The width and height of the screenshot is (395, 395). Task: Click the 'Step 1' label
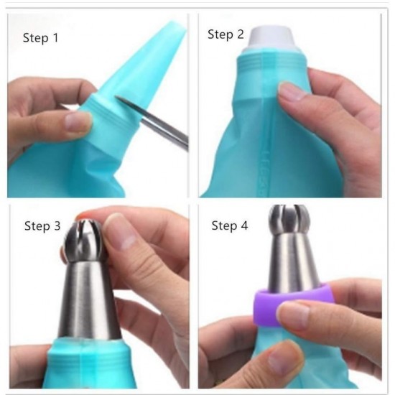40,38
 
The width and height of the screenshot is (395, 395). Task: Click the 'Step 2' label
226,34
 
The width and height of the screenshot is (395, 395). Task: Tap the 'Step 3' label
42,226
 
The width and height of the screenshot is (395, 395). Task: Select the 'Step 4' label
230,226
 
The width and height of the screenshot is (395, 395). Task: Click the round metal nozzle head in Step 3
85,241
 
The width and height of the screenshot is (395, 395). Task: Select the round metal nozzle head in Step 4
289,219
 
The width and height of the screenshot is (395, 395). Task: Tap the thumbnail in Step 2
292,92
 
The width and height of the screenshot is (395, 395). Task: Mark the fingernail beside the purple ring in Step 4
293,315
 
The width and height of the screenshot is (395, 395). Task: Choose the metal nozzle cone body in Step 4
292,262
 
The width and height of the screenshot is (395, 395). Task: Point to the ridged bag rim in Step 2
271,62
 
